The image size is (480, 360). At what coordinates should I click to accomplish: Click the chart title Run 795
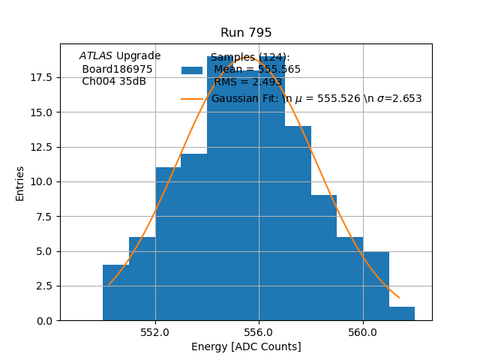point(246,33)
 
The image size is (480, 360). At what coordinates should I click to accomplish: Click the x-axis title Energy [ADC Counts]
point(246,346)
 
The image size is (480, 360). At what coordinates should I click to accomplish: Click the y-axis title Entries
point(20,183)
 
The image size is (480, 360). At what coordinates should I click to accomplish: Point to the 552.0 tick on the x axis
point(155,331)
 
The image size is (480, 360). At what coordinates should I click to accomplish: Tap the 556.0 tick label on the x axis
point(259,331)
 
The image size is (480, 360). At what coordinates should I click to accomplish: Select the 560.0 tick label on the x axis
point(363,331)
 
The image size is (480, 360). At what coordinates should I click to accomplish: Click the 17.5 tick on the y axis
point(40,77)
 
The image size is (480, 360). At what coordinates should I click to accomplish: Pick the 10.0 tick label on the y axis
point(40,181)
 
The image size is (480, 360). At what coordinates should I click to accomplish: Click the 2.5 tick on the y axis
point(43,286)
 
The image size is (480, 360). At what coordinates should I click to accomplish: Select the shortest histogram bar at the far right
point(402,313)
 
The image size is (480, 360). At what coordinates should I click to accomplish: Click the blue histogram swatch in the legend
point(192,70)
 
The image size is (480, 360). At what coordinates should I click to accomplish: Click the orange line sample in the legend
point(192,98)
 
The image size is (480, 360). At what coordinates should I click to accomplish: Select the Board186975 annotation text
point(117,69)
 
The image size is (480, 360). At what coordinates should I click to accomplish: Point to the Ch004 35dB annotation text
point(114,81)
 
